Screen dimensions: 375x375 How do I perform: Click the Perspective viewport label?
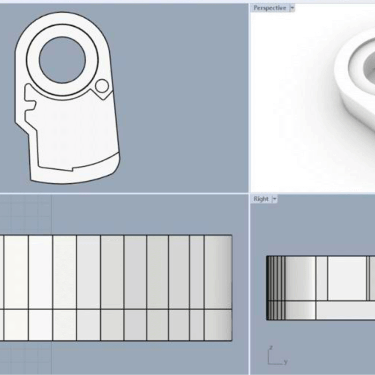pyautogui.click(x=270, y=8)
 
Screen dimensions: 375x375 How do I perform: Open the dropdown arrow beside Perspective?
pyautogui.click(x=292, y=8)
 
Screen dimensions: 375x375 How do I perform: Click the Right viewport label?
pyautogui.click(x=261, y=199)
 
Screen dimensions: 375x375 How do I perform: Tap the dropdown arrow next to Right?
pyautogui.click(x=275, y=199)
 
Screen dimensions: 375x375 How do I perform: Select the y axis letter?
pyautogui.click(x=285, y=362)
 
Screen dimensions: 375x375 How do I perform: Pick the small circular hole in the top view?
pyautogui.click(x=102, y=86)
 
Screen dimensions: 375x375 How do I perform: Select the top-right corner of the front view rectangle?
pyautogui.click(x=232, y=235)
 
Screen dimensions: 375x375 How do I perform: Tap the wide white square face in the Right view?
pyautogui.click(x=346, y=278)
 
